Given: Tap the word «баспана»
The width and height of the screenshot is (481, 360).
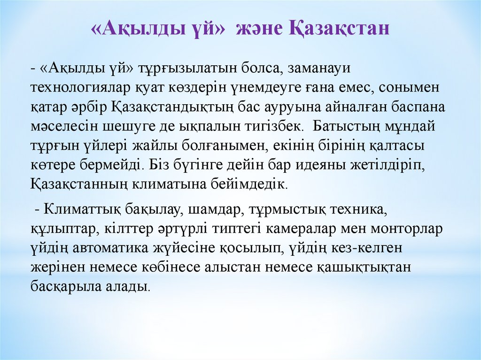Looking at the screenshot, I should pyautogui.click(x=417, y=107).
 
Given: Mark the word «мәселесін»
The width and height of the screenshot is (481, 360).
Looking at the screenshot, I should pyautogui.click(x=61, y=127).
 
